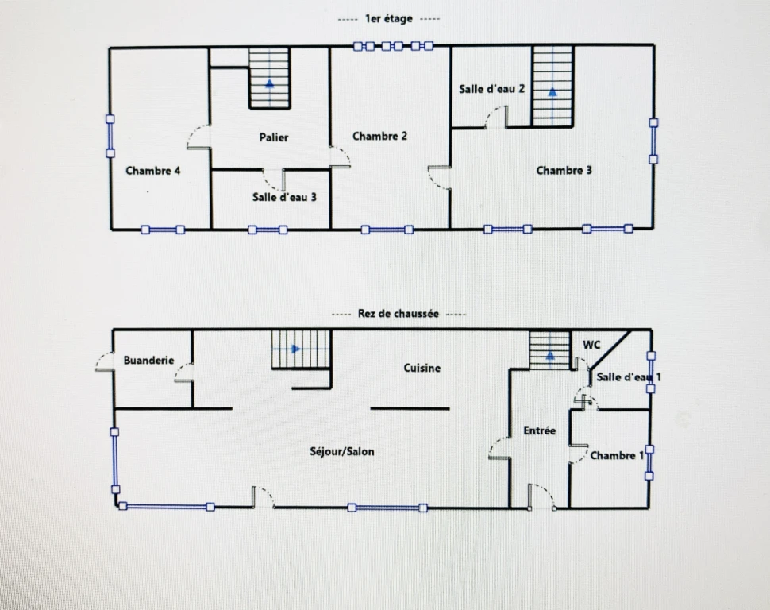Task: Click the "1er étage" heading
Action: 388,19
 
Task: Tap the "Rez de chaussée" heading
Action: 398,314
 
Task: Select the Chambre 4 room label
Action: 152,171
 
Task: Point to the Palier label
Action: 274,137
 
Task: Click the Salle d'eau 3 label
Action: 284,197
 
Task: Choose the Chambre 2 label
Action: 379,136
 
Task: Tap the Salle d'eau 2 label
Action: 491,89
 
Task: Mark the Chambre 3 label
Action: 564,171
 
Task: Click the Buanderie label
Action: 148,361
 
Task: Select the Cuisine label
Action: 422,368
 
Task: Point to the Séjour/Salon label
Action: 342,451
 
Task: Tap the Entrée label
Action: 539,430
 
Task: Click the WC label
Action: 591,345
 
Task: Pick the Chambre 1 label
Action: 617,456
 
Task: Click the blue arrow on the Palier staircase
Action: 269,83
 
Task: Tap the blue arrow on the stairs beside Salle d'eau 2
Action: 553,91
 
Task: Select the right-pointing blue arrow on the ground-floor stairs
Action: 295,349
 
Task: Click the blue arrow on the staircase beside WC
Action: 550,355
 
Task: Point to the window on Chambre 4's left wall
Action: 110,136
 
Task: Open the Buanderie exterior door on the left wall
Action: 105,361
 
